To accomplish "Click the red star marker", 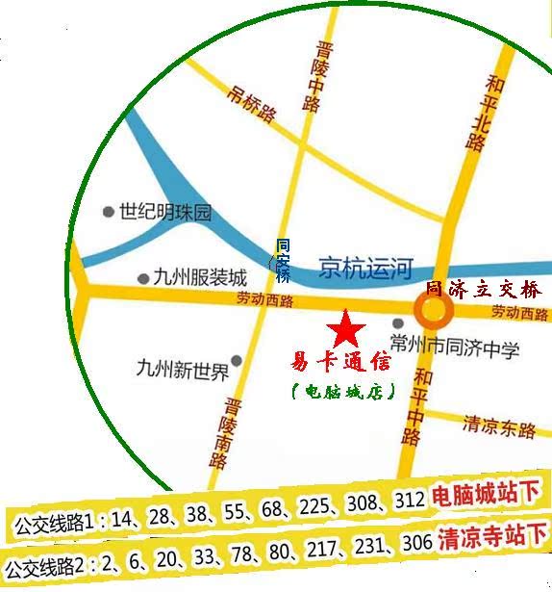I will (346, 330).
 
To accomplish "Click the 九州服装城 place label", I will (200, 277).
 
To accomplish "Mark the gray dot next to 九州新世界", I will (236, 362).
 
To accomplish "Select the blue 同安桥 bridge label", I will (283, 261).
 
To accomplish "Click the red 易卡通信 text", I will (341, 363).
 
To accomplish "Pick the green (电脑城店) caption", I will (342, 391).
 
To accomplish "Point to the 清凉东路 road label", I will (499, 425).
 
